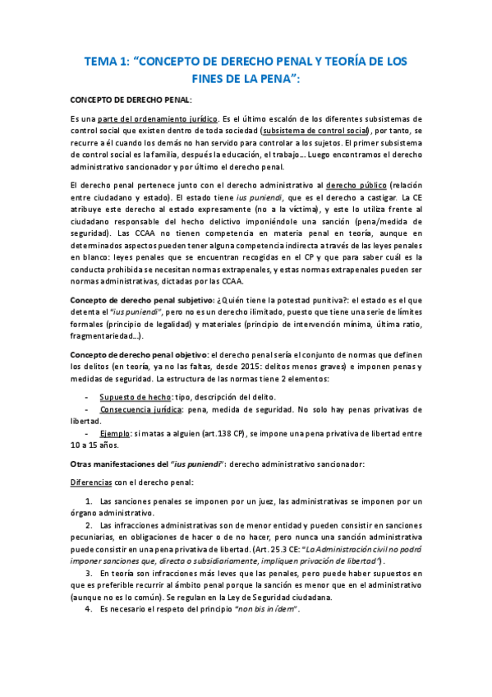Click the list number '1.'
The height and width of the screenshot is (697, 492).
(x=90, y=501)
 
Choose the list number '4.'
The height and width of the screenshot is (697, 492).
(x=90, y=609)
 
